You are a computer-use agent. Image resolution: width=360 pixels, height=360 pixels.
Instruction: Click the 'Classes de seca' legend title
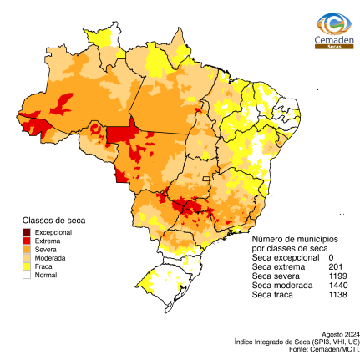click(53, 221)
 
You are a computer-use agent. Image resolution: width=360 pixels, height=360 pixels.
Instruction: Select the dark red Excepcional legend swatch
click(28, 231)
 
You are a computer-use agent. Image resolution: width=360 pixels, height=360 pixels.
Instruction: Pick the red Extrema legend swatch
click(28, 241)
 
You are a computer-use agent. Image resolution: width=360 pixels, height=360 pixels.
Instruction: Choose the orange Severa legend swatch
click(28, 249)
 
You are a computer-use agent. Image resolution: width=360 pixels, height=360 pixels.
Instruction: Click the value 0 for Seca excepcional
click(332, 258)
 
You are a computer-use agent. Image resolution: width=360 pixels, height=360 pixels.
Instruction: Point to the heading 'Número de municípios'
click(288, 240)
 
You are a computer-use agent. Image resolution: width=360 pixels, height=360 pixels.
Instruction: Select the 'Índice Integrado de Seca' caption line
click(297, 342)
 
